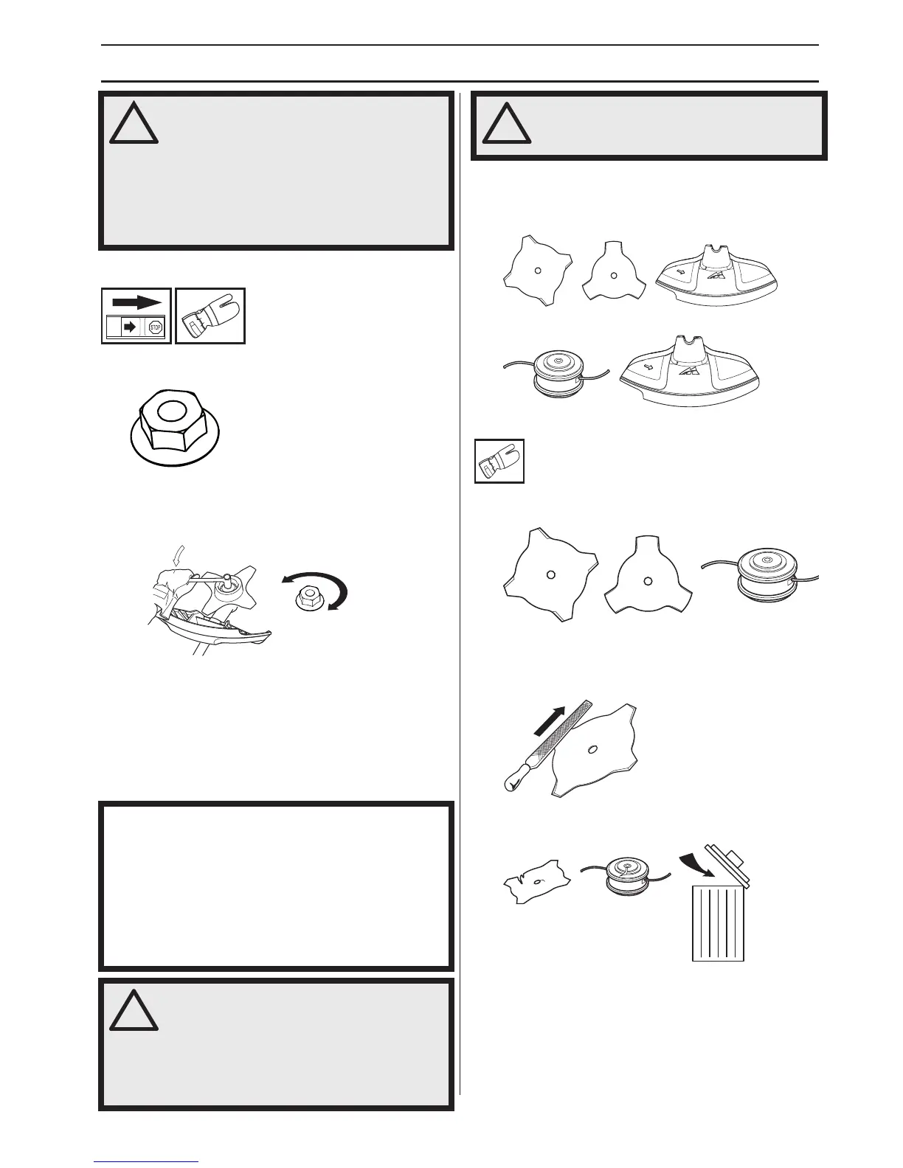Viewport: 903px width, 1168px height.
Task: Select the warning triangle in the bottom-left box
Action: [x=134, y=1009]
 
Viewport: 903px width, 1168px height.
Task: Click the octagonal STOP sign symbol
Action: [x=155, y=327]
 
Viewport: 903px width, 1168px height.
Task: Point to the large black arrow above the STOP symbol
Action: [x=136, y=302]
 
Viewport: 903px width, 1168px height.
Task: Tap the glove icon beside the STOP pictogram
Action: [x=210, y=316]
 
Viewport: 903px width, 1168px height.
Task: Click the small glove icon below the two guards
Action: [x=499, y=462]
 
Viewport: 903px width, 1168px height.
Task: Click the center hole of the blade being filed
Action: [x=591, y=751]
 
